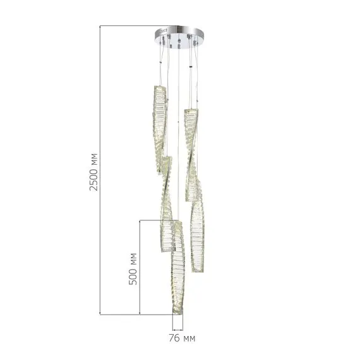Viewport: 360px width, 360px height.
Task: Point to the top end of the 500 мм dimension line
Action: click(x=140, y=220)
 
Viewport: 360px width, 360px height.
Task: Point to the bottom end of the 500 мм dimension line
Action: click(x=140, y=314)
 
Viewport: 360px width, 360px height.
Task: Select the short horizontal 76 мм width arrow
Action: click(x=177, y=329)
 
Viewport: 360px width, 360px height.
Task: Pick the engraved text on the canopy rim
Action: click(x=163, y=30)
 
